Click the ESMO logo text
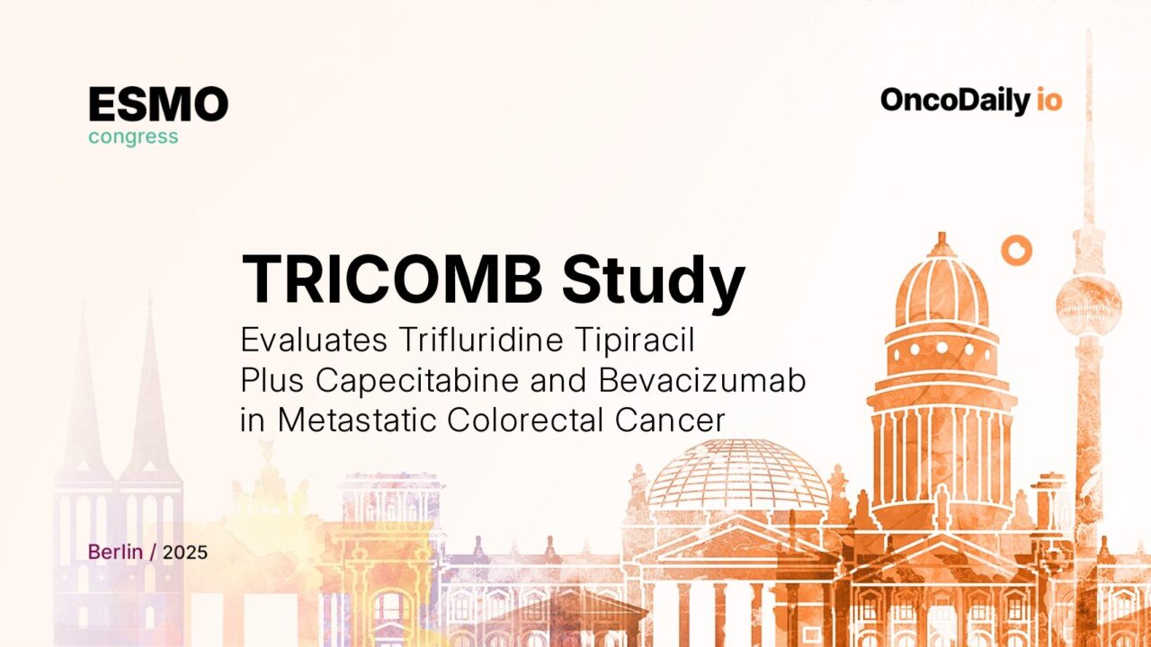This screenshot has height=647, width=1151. pos(158,105)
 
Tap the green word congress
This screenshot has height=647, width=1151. pos(133,137)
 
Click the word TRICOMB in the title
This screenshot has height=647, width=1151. pos(392,279)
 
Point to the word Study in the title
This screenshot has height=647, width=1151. pos(654,280)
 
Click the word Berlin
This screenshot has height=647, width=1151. pos(115,552)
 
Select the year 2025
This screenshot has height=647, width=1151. pos(186,552)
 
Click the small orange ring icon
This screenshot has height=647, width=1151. pos(1017,251)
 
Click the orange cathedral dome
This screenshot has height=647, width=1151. pos(941,288)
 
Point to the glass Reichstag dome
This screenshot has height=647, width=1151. pos(737,476)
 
